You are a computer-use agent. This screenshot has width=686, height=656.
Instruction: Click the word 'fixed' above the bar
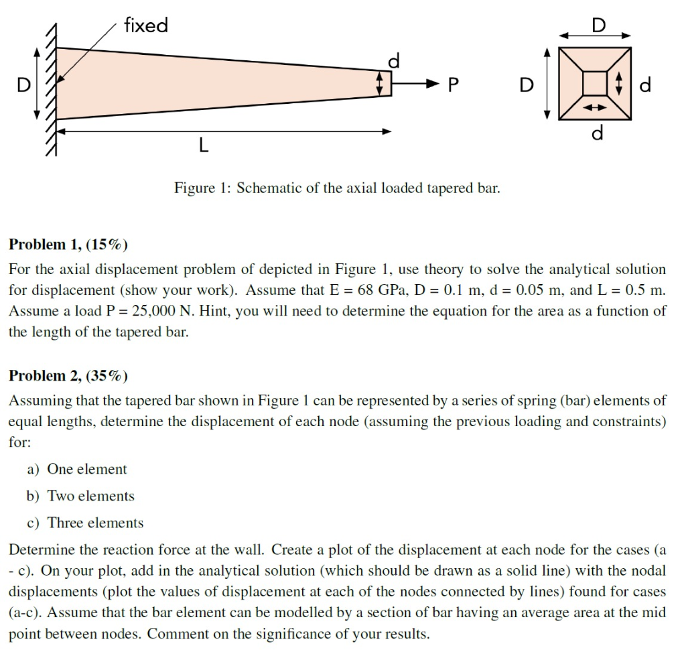146,26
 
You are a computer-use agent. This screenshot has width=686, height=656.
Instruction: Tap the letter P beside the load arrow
454,84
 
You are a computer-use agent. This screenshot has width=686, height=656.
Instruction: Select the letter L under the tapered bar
204,145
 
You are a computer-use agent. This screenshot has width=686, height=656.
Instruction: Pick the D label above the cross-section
598,25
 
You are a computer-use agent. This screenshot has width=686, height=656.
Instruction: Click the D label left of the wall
23,85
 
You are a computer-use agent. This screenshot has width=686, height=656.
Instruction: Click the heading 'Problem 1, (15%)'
68,245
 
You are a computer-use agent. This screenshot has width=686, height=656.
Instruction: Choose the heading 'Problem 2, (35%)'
68,376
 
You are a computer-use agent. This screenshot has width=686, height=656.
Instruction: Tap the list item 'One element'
87,470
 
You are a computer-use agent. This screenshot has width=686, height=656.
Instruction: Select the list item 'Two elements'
90,497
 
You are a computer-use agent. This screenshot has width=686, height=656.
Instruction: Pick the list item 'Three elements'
95,523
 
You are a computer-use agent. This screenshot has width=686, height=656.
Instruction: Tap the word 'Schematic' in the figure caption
269,188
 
